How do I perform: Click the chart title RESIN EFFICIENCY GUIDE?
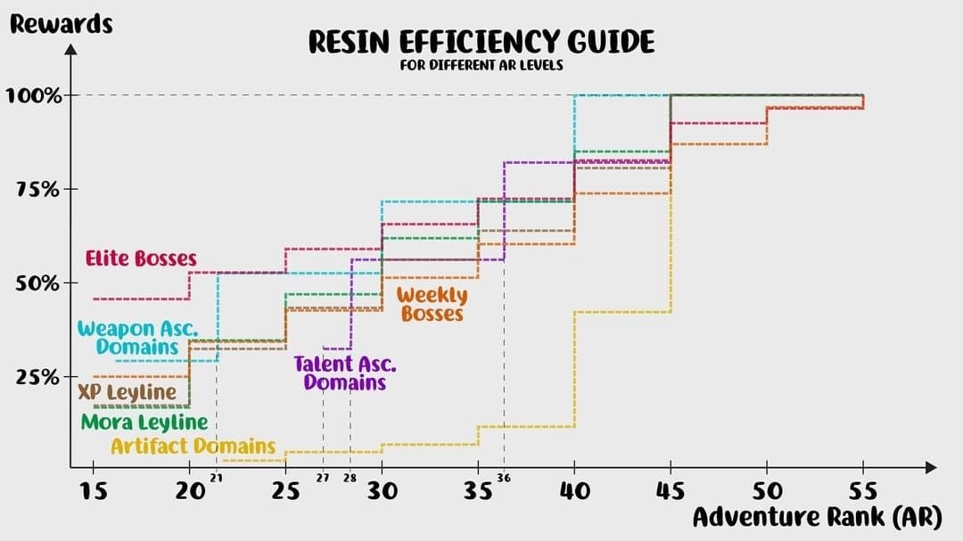[x=481, y=42]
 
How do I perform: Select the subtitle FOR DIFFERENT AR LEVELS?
[x=481, y=65]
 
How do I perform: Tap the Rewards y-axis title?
[x=61, y=24]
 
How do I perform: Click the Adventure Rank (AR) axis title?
[x=816, y=518]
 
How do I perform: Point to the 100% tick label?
[x=34, y=95]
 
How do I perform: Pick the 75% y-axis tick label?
[x=37, y=190]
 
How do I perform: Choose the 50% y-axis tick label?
[x=37, y=283]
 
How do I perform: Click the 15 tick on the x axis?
[x=93, y=490]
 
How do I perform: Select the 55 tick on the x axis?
[x=862, y=490]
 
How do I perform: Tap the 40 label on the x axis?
[x=574, y=490]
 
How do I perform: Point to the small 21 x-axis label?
[x=216, y=479]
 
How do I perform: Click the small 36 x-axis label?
[x=505, y=479]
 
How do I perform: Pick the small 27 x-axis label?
[x=323, y=479]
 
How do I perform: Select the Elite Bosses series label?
[x=141, y=259]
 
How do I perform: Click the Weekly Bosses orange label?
[x=432, y=304]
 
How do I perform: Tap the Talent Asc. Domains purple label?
[x=345, y=373]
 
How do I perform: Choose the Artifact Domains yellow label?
[x=193, y=446]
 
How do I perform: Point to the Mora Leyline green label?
[x=144, y=422]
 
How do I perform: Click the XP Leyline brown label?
[x=127, y=393]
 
